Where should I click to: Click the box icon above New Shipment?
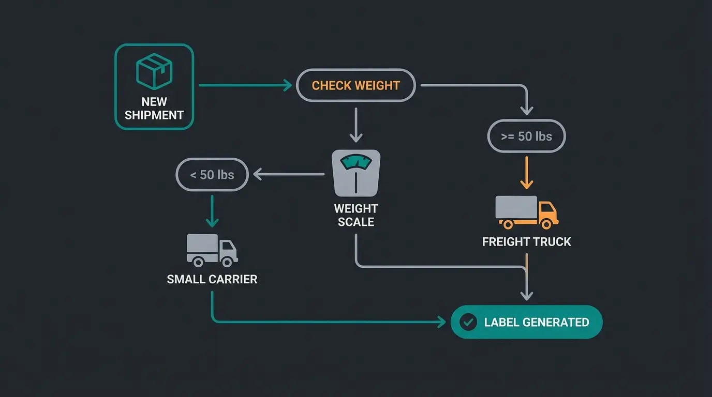click(x=154, y=72)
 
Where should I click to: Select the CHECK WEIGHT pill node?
click(x=355, y=85)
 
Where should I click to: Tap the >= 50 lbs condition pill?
click(x=527, y=136)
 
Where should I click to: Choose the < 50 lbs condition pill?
click(x=212, y=175)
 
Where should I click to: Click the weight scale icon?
click(x=356, y=173)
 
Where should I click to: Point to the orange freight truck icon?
click(x=527, y=211)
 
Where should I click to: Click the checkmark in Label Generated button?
click(x=468, y=323)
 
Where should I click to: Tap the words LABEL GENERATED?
click(x=537, y=323)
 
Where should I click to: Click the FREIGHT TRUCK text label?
click(x=527, y=242)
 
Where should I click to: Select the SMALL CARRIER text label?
click(x=212, y=280)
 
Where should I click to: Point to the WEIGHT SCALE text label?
click(x=356, y=216)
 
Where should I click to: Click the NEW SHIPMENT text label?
click(x=154, y=109)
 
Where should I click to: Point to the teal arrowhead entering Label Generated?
click(x=441, y=323)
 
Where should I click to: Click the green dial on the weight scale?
click(x=356, y=162)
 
